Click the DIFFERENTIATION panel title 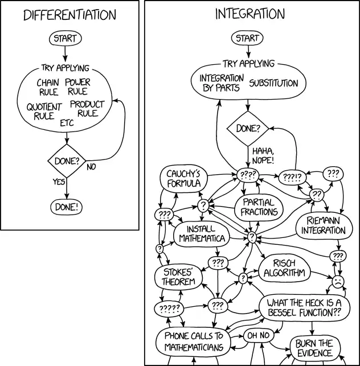pyautogui.click(x=69, y=15)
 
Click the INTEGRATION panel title pyautogui.click(x=250, y=14)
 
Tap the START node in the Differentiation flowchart pyautogui.click(x=66, y=39)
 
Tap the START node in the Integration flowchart pyautogui.click(x=247, y=39)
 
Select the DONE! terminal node pyautogui.click(x=66, y=206)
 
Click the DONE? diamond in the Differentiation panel pyautogui.click(x=66, y=161)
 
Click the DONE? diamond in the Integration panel pyautogui.click(x=247, y=129)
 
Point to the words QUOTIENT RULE pyautogui.click(x=44, y=112)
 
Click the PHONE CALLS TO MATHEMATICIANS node pyautogui.click(x=194, y=341)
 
